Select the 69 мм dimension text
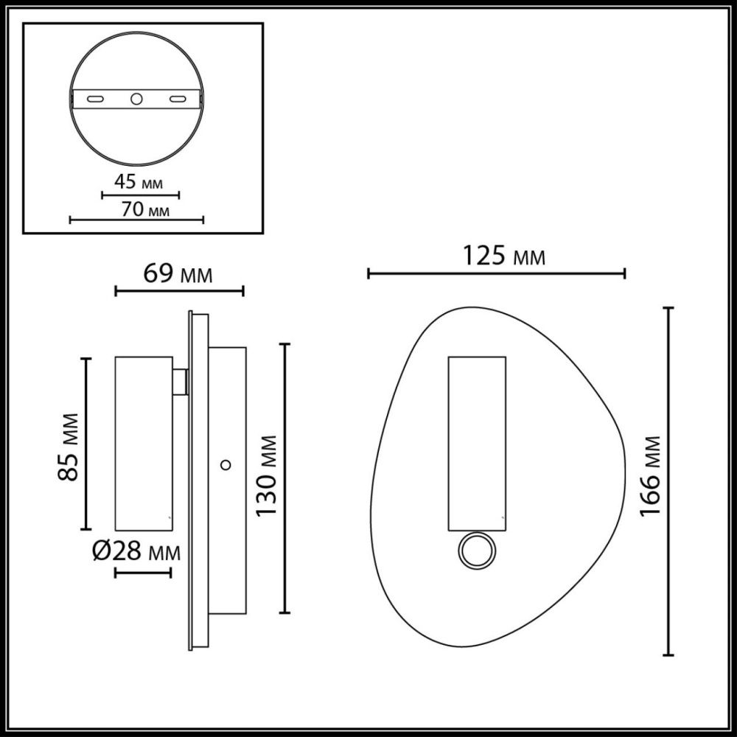click(x=178, y=274)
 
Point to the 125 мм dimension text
click(x=504, y=256)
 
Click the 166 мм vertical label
click(x=649, y=477)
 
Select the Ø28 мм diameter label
click(x=136, y=551)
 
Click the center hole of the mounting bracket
click(x=136, y=98)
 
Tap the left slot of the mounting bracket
click(x=95, y=98)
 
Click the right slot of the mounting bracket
click(x=178, y=98)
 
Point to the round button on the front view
click(x=475, y=551)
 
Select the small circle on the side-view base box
click(x=226, y=464)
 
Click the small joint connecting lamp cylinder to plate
click(x=181, y=381)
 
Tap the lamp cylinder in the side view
click(x=144, y=443)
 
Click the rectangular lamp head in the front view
click(x=477, y=443)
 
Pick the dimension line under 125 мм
click(x=496, y=274)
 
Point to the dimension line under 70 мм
click(x=136, y=220)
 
